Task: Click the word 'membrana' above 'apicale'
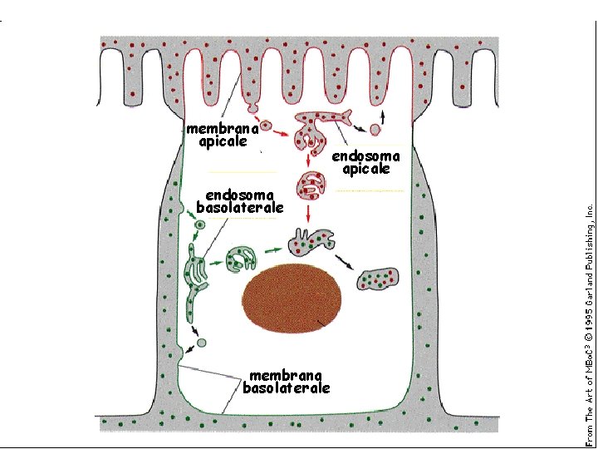tap(217, 129)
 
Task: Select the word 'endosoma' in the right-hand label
tap(365, 155)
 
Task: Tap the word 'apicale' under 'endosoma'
tap(366, 169)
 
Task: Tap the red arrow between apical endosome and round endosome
tap(309, 157)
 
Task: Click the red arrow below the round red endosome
tap(309, 215)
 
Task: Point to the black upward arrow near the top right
tap(382, 111)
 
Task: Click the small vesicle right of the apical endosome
tap(375, 130)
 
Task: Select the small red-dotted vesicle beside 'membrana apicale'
tap(266, 127)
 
